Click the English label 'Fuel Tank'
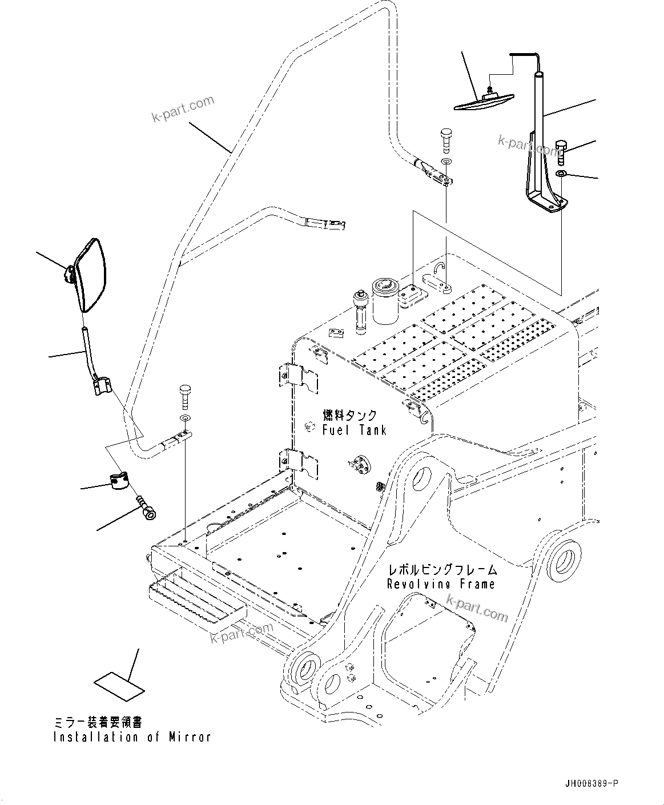(x=354, y=430)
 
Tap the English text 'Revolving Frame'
(x=441, y=584)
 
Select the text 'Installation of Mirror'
(x=132, y=737)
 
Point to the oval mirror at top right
(x=484, y=101)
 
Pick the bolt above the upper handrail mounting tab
(x=446, y=139)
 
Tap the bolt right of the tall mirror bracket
(x=560, y=150)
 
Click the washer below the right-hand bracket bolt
(x=561, y=174)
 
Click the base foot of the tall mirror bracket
(x=547, y=204)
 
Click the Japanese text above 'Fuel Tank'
(x=350, y=415)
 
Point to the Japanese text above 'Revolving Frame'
(x=442, y=569)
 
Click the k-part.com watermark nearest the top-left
(x=183, y=108)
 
